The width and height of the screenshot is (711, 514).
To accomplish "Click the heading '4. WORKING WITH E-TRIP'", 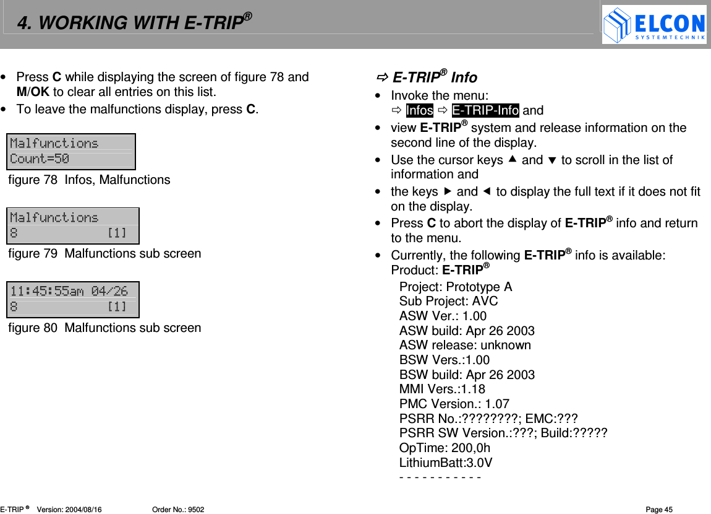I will [134, 23].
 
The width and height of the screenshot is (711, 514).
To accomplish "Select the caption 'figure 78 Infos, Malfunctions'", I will [89, 180].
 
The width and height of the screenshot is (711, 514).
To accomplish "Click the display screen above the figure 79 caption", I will [72, 225].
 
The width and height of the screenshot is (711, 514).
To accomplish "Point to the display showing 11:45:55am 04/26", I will [72, 299].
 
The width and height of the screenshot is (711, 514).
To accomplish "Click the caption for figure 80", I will [104, 328].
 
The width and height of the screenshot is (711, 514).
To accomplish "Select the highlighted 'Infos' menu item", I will [419, 110].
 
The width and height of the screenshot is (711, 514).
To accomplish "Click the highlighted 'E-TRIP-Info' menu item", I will [485, 110].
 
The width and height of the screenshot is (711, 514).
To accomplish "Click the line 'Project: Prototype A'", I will [456, 287].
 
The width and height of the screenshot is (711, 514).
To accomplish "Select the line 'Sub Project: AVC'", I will [448, 301].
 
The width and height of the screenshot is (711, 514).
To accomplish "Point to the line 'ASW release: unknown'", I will [465, 345].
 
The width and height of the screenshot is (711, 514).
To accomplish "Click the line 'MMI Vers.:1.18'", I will [442, 389].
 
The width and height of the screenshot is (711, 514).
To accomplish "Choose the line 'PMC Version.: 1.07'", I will [454, 404].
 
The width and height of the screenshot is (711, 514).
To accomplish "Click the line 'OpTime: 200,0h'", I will [445, 448].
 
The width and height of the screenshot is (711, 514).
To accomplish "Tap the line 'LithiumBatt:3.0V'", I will [446, 463].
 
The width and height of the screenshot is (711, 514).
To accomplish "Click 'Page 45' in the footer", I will [659, 510].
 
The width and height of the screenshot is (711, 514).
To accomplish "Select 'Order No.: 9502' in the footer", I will [178, 510].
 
